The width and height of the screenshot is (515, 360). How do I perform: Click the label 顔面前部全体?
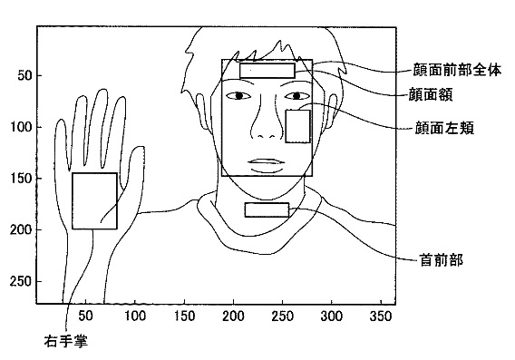tap(457, 70)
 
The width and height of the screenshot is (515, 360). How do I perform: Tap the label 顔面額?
tap(431, 94)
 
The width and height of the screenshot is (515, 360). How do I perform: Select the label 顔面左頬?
tap(444, 128)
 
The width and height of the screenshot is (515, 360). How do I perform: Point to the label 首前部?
tap(442, 260)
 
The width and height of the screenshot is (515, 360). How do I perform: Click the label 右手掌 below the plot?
tap(66, 342)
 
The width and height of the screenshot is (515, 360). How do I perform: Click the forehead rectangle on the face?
tap(267, 71)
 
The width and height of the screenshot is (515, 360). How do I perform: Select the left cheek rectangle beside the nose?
tap(298, 126)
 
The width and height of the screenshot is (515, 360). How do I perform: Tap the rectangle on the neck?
tap(267, 209)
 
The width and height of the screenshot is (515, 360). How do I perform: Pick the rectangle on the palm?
tap(94, 200)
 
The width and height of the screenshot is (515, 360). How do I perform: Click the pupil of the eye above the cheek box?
tap(296, 96)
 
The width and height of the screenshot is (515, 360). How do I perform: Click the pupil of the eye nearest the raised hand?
tap(238, 95)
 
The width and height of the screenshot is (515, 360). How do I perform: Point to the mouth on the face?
tap(267, 166)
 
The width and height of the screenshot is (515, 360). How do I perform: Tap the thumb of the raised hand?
tap(133, 168)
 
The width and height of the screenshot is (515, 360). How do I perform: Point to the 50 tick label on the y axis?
tap(24, 75)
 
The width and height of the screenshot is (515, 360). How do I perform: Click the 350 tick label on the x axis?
tap(381, 316)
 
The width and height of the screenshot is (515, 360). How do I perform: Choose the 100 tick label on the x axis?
tap(135, 316)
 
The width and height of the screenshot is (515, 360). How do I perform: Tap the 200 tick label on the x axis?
tap(233, 316)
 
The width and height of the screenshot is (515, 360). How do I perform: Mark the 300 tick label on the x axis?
tap(332, 316)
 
